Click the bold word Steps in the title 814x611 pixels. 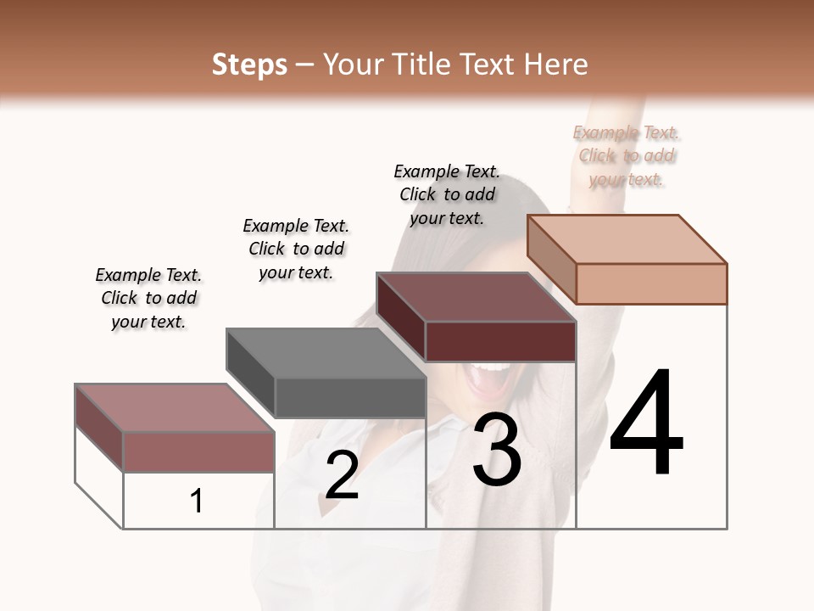(249, 64)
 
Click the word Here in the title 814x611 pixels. (556, 64)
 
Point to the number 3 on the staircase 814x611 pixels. (497, 450)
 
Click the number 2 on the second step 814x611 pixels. (342, 475)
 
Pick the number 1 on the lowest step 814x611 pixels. (197, 502)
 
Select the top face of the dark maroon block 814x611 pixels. (475, 297)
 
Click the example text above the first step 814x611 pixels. (148, 298)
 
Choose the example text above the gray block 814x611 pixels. (296, 249)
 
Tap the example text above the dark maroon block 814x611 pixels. (447, 194)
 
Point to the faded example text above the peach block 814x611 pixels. (627, 155)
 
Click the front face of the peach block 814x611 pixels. (651, 283)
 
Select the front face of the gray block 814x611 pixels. (350, 397)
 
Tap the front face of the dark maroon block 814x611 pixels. (500, 341)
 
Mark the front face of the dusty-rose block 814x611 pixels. (198, 451)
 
